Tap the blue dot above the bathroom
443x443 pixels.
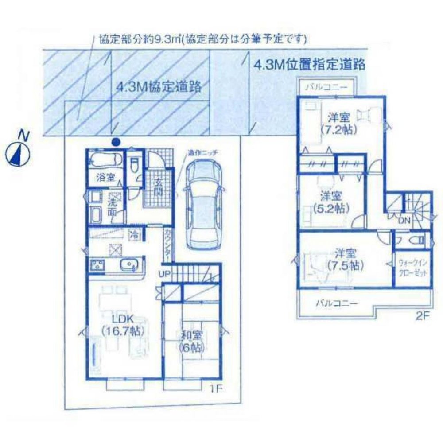(x=116, y=142)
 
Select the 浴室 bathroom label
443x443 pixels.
(x=105, y=178)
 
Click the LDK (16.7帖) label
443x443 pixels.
(x=116, y=324)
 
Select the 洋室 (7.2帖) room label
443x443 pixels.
(x=339, y=124)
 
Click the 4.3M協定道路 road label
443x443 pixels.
(x=158, y=86)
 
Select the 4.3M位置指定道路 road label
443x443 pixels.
(x=310, y=65)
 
